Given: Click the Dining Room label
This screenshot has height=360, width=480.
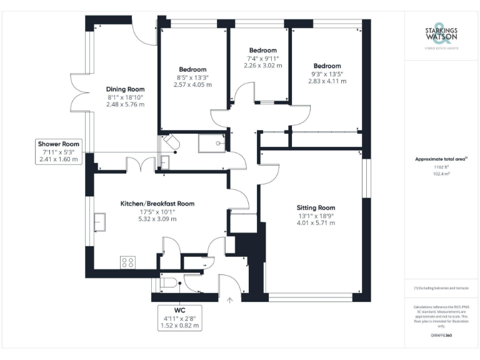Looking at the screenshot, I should point(125,89).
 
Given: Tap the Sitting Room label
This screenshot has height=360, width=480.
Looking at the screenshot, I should point(316,207).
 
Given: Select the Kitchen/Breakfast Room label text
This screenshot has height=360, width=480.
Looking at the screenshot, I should point(157,203).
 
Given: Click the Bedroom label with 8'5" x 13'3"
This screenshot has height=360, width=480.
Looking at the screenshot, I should point(192,69).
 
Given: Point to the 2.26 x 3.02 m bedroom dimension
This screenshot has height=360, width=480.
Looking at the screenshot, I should point(262,66).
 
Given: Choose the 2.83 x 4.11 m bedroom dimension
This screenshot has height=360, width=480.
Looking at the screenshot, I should point(327,81).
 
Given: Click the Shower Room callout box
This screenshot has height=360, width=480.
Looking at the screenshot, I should point(59,152).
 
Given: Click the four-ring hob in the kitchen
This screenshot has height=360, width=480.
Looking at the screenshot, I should point(127,263).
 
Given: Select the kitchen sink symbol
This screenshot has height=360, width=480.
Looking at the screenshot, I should point(100,222).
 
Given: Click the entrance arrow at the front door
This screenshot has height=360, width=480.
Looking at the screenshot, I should point(230,300).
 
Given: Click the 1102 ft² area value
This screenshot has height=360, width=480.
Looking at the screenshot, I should point(441,167).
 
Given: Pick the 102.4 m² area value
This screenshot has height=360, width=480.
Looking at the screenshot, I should point(441,174).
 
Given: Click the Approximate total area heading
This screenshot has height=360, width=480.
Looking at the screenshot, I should point(441,159).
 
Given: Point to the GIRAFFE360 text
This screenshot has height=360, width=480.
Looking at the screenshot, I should point(441,336).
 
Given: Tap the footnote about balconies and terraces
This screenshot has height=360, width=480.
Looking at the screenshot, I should point(441,288).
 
